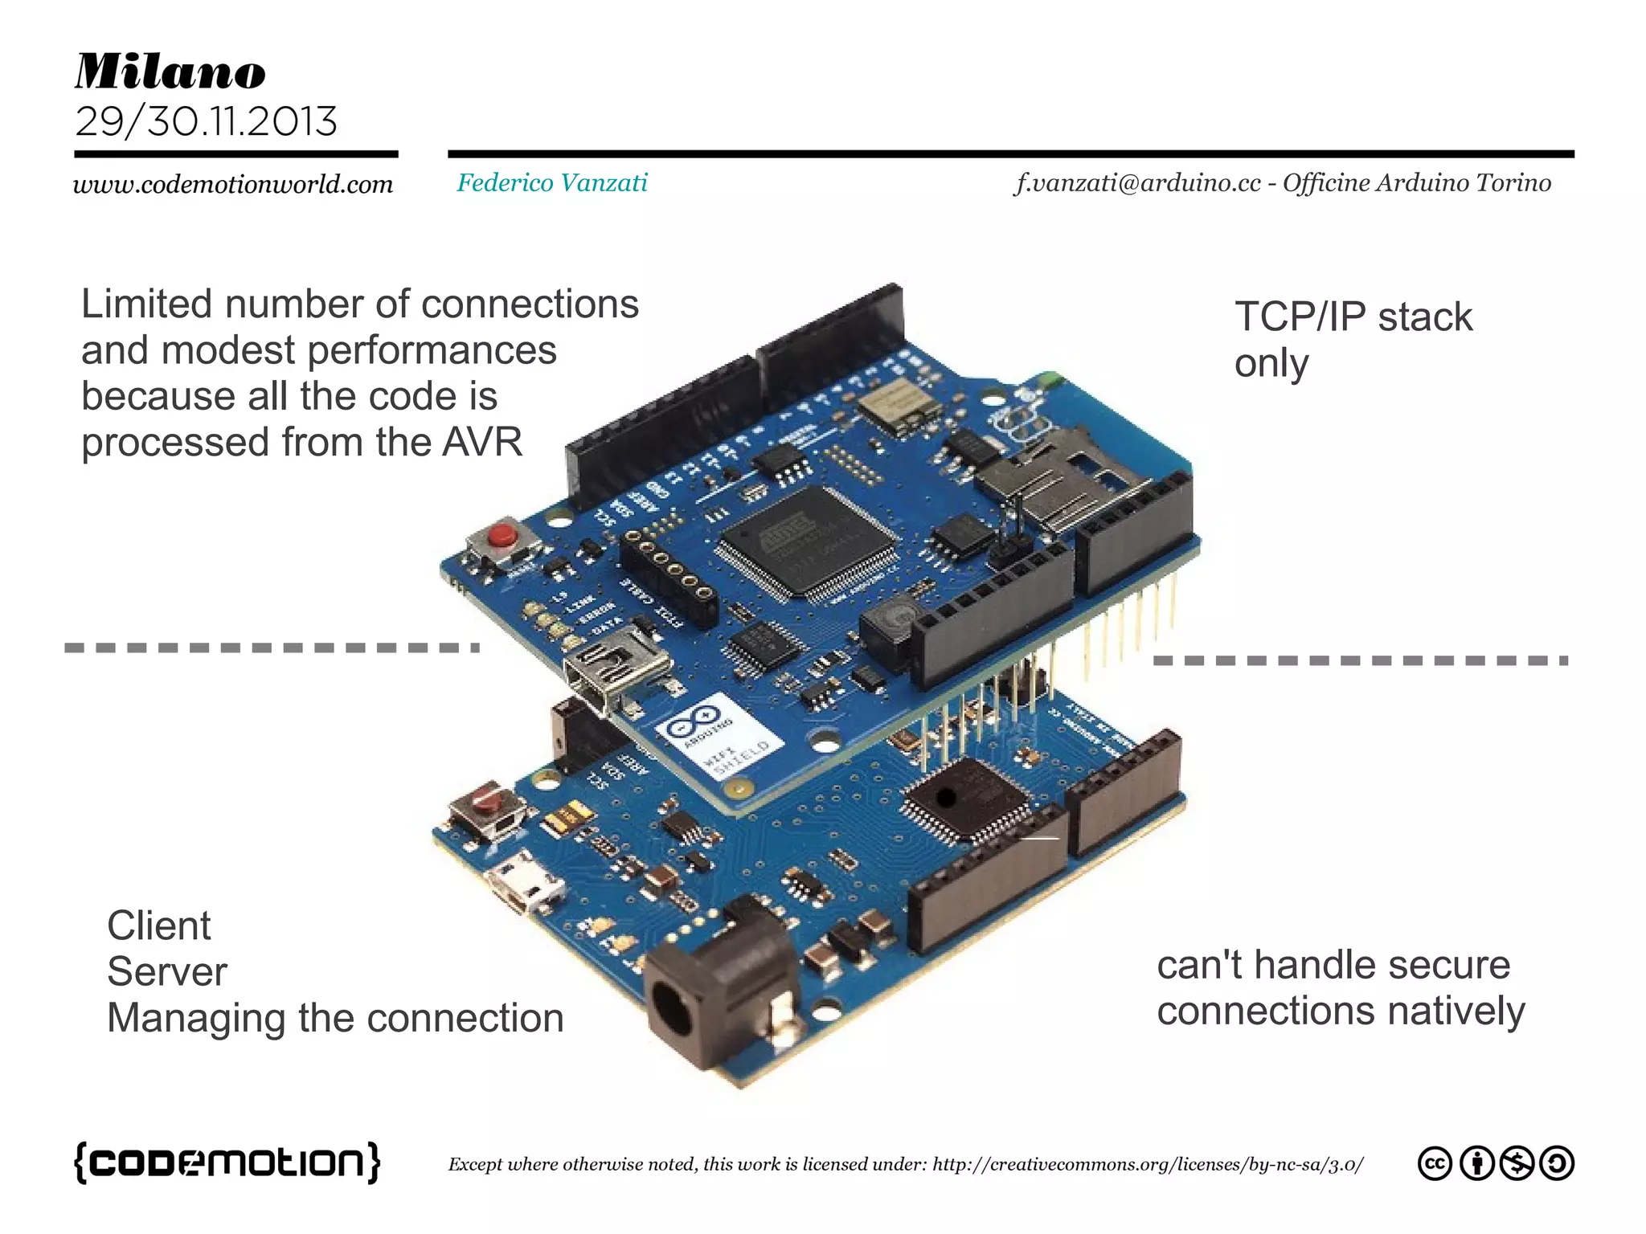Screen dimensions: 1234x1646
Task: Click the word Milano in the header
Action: pos(170,72)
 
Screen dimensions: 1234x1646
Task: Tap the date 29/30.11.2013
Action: pos(206,122)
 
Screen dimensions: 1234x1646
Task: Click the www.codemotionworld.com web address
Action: pos(233,185)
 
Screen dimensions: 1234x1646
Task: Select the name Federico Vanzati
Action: pos(552,183)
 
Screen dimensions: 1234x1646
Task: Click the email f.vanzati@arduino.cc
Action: pos(1137,183)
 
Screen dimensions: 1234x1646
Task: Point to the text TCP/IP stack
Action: pos(1353,317)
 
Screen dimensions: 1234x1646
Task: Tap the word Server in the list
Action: pos(167,972)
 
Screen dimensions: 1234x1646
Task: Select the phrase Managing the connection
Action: pos(335,1018)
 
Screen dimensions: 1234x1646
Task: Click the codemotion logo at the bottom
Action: pos(227,1162)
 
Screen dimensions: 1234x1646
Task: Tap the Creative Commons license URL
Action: pos(1147,1164)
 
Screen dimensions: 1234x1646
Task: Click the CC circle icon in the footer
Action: pos(1435,1164)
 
